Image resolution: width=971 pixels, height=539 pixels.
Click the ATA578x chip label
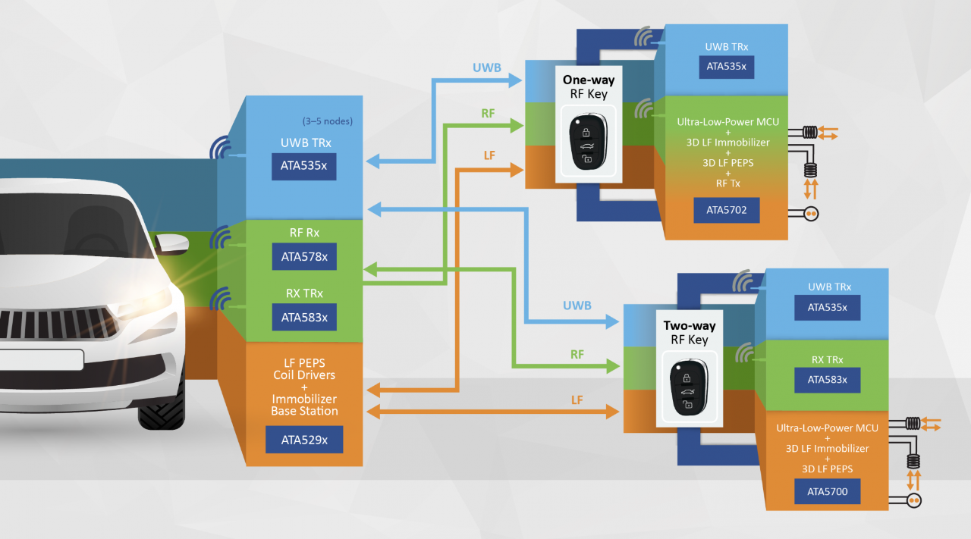[304, 257]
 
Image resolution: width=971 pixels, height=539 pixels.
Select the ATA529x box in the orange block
[304, 440]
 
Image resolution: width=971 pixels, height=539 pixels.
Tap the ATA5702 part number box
[726, 210]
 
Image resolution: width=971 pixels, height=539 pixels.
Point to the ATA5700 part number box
[828, 492]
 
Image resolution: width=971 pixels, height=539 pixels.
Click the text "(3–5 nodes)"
[328, 121]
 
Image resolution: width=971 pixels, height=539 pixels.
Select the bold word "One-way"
[589, 80]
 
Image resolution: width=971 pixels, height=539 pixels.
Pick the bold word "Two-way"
[689, 326]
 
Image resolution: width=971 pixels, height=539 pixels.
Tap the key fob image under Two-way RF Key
[688, 388]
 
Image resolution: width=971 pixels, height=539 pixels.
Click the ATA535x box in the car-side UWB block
[304, 167]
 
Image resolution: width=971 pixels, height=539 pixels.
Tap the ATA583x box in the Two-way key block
[828, 380]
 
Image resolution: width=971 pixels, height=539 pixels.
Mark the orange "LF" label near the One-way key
[489, 155]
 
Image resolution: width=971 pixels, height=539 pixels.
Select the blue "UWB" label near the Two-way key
[577, 306]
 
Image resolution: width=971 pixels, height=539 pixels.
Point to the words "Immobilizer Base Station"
[304, 405]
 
